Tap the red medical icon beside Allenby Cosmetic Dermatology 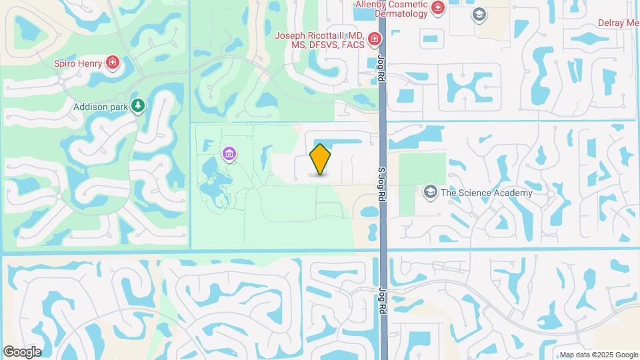point(438,8)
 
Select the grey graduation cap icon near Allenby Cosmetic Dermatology point(478,15)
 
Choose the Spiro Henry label point(78,63)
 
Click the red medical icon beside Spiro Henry point(113,63)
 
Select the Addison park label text point(99,106)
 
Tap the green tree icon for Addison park point(137,105)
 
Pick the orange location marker point(320,159)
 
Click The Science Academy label point(487,193)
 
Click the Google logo point(22,351)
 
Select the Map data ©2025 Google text point(598,355)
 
